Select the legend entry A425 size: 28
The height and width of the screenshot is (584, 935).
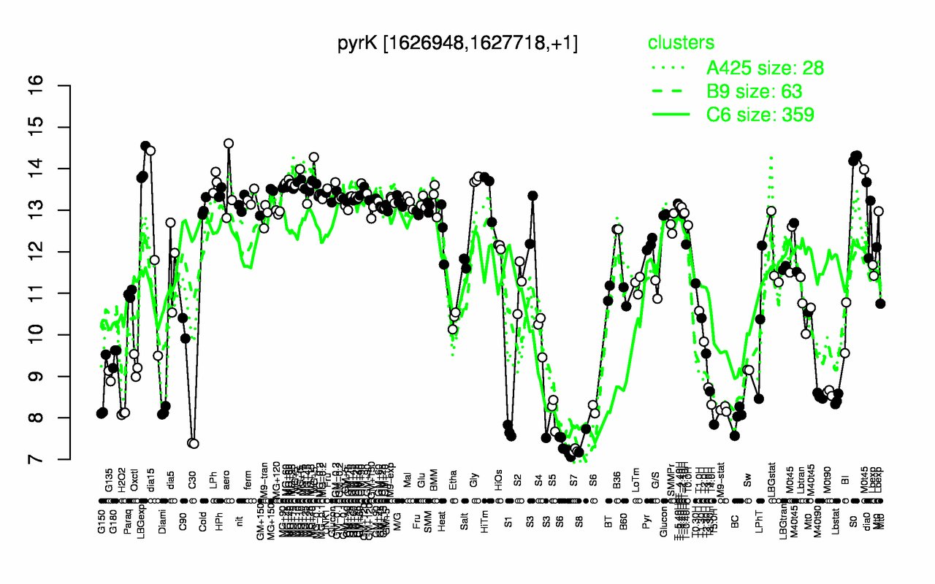[765, 68]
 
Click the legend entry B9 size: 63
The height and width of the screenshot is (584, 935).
[755, 91]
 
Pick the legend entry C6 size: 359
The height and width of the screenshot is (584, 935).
[760, 115]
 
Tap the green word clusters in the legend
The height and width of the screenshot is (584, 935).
[681, 43]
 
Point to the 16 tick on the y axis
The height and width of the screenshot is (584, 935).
[58, 86]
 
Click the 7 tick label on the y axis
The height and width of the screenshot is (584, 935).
[58, 460]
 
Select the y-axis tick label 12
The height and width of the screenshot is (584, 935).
[58, 252]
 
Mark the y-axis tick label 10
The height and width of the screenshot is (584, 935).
[58, 335]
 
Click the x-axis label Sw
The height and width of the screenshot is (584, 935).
[747, 487]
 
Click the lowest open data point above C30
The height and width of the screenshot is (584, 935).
[194, 443]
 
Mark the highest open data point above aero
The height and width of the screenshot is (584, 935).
[228, 143]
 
